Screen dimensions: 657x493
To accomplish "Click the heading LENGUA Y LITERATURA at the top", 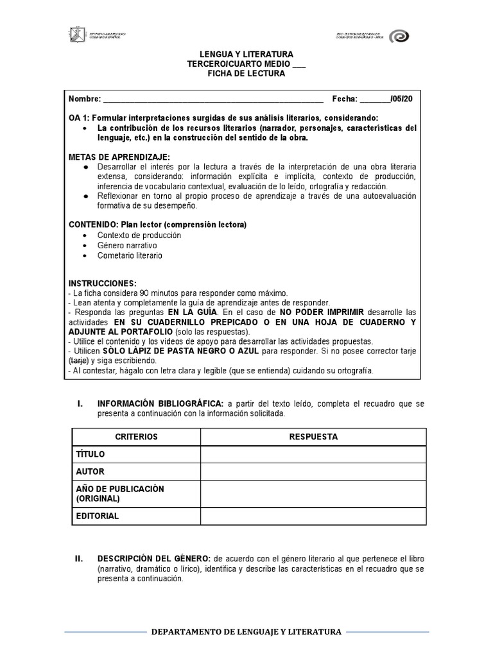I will click(246, 55).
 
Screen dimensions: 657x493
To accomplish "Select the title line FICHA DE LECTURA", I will click(246, 74).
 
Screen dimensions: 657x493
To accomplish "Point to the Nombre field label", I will click(85, 99).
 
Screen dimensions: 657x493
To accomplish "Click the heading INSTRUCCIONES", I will click(103, 283).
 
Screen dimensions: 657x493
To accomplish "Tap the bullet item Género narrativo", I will click(127, 245).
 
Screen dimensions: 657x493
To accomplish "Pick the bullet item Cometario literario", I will click(130, 255).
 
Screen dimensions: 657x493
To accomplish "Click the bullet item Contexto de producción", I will click(139, 235).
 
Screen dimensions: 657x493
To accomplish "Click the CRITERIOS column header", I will click(136, 437).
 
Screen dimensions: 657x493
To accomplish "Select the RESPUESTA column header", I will click(313, 437).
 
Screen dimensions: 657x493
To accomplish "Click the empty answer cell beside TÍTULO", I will click(313, 454).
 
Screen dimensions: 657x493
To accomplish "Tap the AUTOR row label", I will click(90, 472).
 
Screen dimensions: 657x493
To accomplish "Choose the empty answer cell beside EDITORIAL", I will click(313, 516).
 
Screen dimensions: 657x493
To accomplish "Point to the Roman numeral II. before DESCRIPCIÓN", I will click(80, 559).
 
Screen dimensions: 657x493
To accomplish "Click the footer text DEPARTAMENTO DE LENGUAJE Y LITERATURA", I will click(246, 632).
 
